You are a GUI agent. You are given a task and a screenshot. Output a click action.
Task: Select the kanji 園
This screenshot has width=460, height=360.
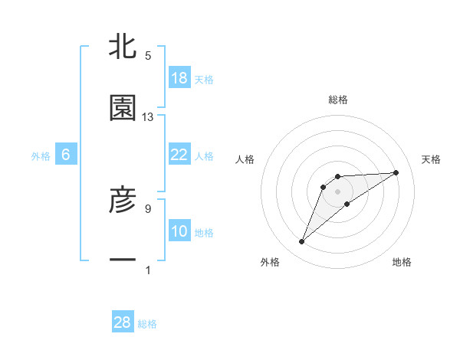click(x=123, y=108)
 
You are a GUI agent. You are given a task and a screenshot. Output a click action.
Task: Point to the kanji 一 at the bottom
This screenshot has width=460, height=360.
click(x=123, y=261)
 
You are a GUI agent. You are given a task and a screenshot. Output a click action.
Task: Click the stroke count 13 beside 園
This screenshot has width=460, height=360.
click(x=148, y=117)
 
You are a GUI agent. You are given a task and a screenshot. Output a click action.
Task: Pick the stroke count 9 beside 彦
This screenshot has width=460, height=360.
click(x=148, y=208)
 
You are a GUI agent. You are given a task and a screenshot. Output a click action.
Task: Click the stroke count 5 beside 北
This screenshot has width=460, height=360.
click(x=148, y=56)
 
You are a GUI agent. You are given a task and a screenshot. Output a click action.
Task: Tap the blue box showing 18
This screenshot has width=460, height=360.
click(x=179, y=78)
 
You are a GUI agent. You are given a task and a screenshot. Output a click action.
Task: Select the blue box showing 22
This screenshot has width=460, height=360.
click(x=179, y=155)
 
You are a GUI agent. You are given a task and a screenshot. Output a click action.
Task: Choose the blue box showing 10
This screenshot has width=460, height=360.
click(x=179, y=231)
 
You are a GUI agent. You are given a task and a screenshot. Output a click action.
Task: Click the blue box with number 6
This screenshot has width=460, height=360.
click(x=66, y=155)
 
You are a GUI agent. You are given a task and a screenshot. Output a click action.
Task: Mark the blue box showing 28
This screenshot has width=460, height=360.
click(x=123, y=322)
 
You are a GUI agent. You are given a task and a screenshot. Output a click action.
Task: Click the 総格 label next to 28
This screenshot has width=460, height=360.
click(x=147, y=324)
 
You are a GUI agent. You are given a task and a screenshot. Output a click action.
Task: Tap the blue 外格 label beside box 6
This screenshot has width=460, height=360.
click(x=41, y=156)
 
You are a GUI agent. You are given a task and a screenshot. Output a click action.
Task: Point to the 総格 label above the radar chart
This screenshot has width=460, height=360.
click(x=338, y=100)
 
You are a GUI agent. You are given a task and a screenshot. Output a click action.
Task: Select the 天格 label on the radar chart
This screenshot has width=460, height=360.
click(x=431, y=159)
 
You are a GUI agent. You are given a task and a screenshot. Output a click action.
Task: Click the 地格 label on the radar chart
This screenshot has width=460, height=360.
click(x=402, y=262)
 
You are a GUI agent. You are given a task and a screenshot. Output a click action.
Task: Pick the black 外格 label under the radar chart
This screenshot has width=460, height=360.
click(x=270, y=262)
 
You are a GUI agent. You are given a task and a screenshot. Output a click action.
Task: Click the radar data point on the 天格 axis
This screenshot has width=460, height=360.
click(x=396, y=172)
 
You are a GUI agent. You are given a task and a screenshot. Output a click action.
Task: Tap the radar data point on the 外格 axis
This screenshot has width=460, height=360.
click(x=302, y=242)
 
